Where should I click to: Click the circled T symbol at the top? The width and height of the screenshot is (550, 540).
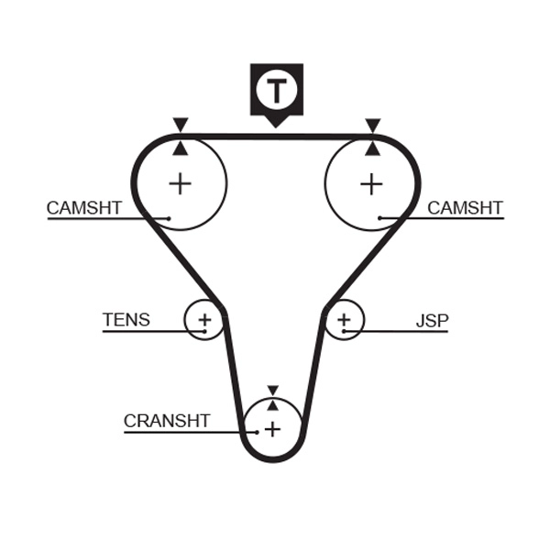(x=275, y=90)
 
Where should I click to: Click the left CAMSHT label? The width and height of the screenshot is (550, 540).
(x=83, y=208)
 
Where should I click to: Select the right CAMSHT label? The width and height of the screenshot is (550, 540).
(x=465, y=208)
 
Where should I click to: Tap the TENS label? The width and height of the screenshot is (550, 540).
(x=126, y=320)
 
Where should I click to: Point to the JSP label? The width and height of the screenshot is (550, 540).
(x=432, y=321)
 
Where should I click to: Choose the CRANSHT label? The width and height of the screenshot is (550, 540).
(x=167, y=421)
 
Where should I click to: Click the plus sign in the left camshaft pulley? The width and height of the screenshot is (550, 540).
(x=181, y=183)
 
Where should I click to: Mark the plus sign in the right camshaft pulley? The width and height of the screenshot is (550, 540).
(x=371, y=183)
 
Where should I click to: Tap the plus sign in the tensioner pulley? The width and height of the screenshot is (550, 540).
(x=204, y=320)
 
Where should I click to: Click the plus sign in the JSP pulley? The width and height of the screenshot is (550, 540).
(x=344, y=320)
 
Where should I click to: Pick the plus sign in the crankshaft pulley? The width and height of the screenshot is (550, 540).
(x=272, y=428)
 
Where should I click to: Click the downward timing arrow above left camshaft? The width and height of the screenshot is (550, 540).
(x=181, y=125)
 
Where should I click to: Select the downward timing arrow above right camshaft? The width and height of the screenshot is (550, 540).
(x=372, y=125)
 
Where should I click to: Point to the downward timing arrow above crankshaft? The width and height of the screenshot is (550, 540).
(x=272, y=391)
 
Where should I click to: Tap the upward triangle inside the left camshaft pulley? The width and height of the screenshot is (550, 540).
(x=181, y=147)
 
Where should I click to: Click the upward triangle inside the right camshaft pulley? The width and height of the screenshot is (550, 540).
(x=372, y=147)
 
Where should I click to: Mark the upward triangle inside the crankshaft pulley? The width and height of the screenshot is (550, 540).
(x=272, y=404)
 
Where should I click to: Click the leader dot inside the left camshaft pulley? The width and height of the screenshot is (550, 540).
(x=170, y=218)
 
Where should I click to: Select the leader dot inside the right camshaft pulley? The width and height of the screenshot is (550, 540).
(x=381, y=218)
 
